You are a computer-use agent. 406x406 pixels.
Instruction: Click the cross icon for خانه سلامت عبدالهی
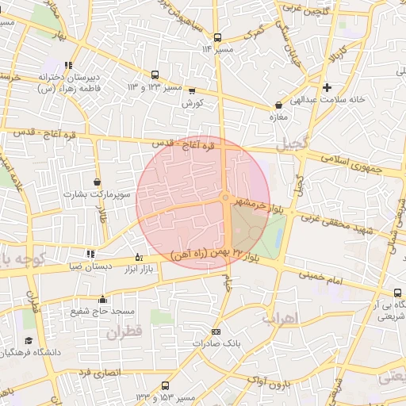pyautogui.click(x=327, y=86)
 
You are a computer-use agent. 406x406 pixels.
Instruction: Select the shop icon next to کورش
pyautogui.click(x=192, y=91)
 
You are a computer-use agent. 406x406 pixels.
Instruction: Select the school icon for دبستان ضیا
pyautogui.click(x=90, y=254)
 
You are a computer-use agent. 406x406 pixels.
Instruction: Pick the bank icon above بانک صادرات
pyautogui.click(x=216, y=331)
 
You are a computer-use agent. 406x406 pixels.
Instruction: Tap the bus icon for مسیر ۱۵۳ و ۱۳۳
pyautogui.click(x=165, y=385)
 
